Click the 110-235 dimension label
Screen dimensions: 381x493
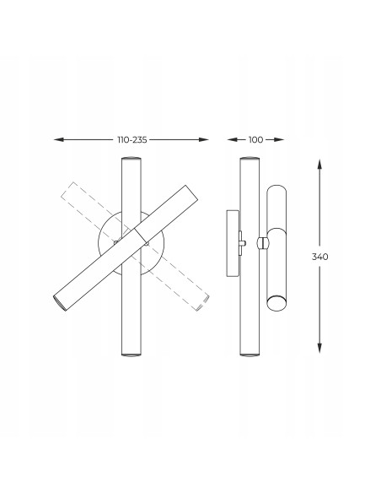132,139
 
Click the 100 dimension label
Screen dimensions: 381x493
255,139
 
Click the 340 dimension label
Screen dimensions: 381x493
319,257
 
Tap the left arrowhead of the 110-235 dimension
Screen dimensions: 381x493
59,139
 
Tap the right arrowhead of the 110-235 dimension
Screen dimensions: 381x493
204,139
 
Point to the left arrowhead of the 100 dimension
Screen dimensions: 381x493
233,139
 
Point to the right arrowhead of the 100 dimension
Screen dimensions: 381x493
279,139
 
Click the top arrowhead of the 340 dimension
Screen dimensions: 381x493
319,164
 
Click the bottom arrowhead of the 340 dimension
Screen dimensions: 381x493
319,348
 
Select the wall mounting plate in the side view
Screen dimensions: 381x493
233,243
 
